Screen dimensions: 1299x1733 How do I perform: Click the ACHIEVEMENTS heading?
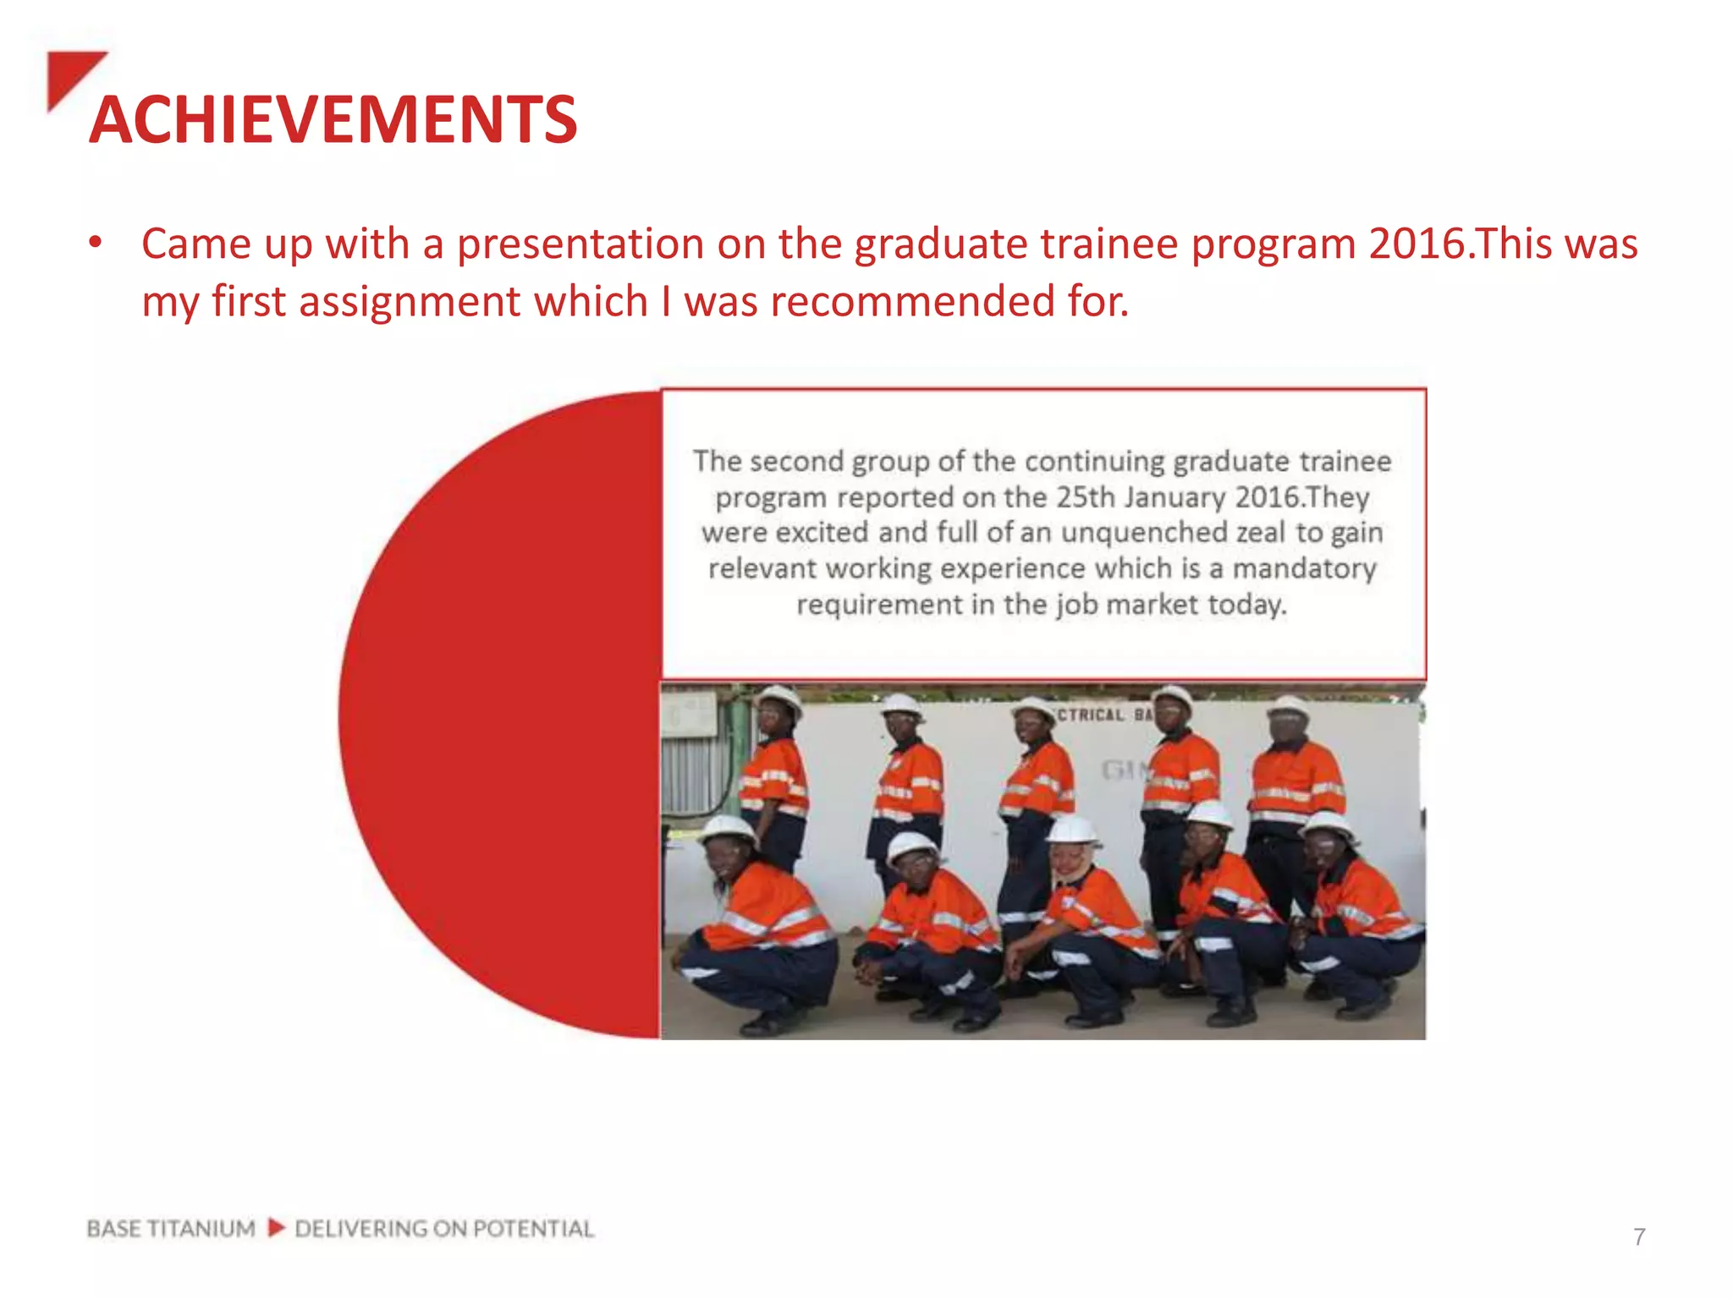333,119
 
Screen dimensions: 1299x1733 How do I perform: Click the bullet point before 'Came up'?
96,244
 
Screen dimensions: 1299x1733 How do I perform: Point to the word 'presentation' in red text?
580,244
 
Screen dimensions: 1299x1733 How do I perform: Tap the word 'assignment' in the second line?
409,301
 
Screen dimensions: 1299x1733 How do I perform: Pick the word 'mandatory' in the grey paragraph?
1304,568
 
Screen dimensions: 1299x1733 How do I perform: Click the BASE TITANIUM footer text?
170,1228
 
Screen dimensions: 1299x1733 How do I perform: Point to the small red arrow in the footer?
276,1227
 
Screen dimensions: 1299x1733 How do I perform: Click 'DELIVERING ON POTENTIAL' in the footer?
444,1228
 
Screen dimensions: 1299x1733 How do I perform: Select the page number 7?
1639,1237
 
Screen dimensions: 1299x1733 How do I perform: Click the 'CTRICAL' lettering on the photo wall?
1091,715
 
